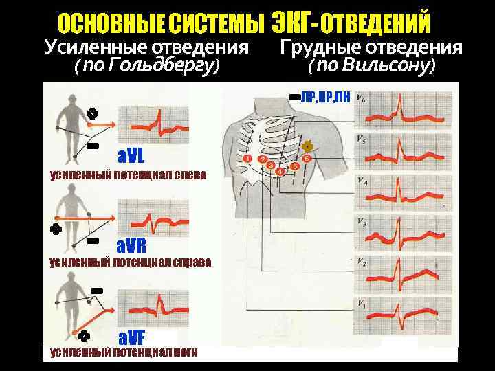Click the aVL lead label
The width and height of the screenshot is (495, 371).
pos(131,153)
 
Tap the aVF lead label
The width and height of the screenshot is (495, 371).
pos(131,337)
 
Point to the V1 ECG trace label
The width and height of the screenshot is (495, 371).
pos(362,303)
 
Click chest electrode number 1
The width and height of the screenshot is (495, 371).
pos(247,159)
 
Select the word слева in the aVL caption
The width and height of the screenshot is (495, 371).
pos(188,175)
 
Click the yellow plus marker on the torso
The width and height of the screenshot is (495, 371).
pos(307,146)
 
